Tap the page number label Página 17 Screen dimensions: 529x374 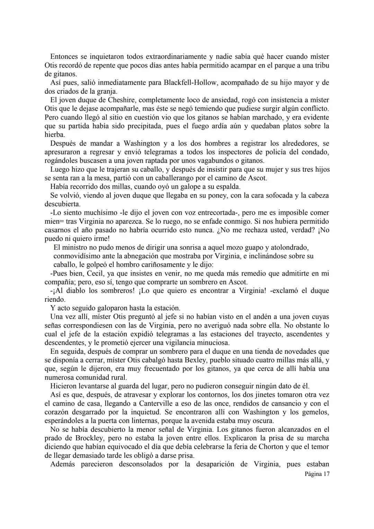click(317, 474)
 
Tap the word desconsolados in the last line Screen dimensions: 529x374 click(140, 464)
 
